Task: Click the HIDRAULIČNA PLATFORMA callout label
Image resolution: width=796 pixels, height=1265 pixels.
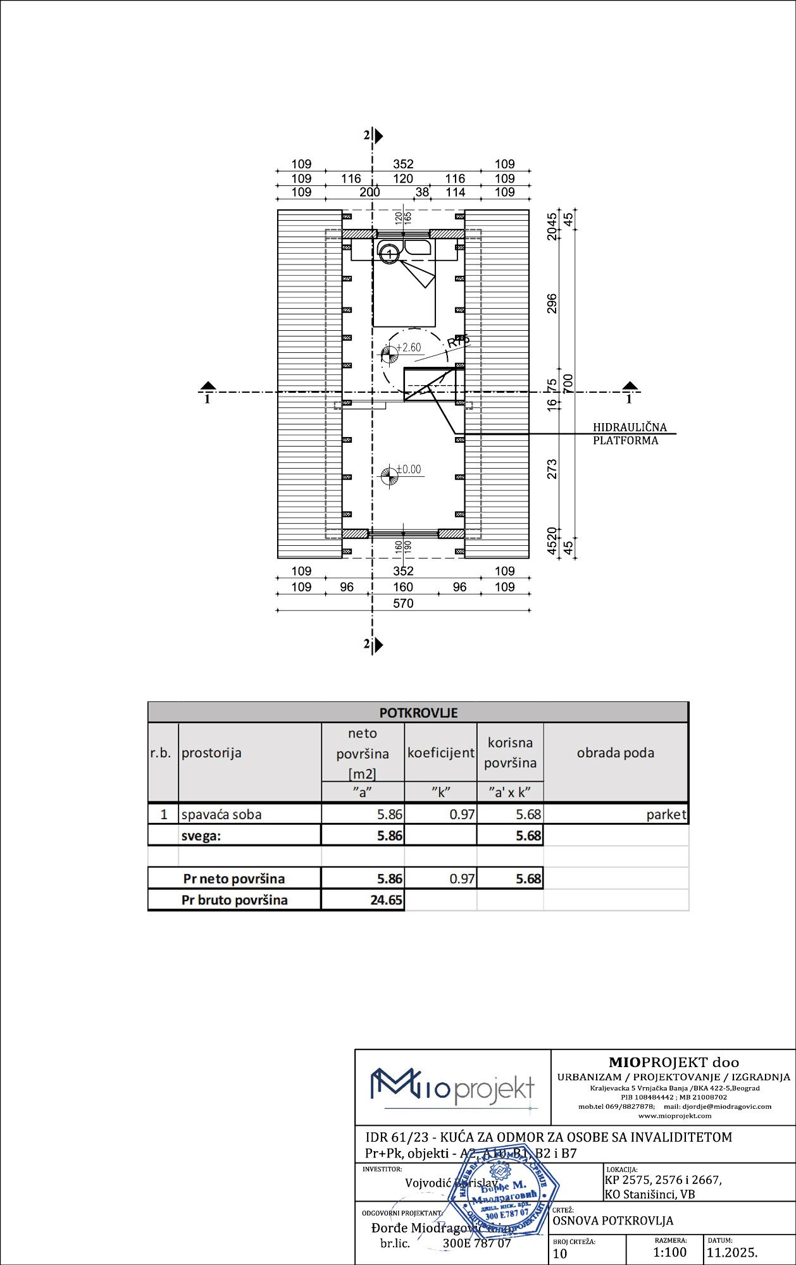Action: [629, 434]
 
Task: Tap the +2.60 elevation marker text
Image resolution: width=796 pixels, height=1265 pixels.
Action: [409, 347]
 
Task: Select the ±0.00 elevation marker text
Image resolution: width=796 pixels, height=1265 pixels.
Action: [409, 469]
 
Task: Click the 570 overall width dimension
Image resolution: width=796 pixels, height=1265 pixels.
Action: [403, 603]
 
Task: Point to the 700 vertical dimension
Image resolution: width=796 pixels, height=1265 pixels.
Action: [568, 383]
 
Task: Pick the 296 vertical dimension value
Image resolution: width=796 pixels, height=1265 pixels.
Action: [552, 304]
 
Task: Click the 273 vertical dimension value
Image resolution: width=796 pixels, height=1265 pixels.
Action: [552, 469]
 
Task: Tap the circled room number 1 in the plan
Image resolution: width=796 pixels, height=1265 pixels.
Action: [390, 254]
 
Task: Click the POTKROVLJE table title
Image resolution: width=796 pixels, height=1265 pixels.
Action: [418, 713]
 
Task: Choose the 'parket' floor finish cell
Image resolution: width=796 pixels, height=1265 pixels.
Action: [666, 815]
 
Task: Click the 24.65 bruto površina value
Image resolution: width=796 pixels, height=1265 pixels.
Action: [386, 900]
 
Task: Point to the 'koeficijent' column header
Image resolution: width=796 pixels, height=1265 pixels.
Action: [440, 753]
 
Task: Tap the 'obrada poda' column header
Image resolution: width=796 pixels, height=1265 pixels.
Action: [615, 753]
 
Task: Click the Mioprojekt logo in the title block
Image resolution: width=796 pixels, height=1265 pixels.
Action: [452, 1087]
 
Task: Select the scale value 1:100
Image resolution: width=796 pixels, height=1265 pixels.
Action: [669, 1252]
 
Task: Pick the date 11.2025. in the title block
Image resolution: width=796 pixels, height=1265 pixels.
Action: [732, 1252]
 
